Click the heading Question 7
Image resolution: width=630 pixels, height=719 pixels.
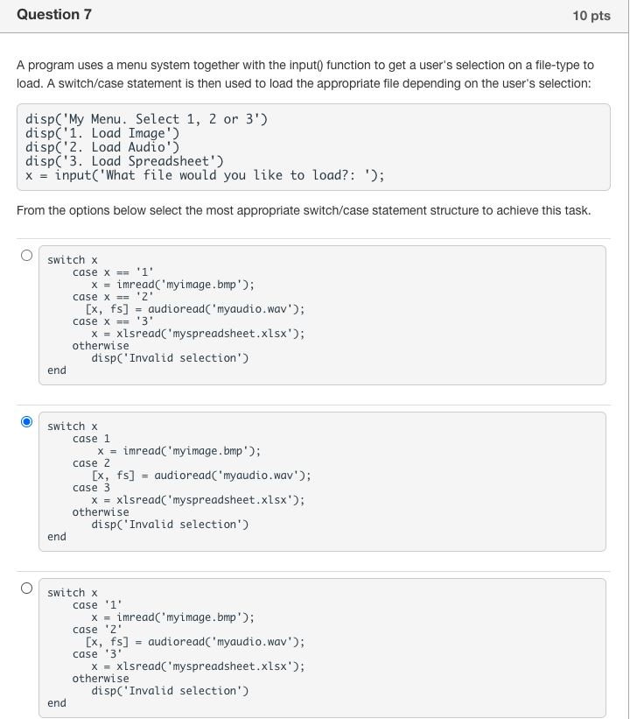[54, 15]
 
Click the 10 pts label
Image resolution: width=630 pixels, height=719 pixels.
[591, 16]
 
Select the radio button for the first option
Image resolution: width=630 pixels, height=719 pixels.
[26, 256]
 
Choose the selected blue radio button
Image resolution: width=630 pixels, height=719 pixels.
[26, 422]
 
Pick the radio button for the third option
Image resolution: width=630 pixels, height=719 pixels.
[26, 589]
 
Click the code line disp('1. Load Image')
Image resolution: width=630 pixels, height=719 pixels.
[102, 133]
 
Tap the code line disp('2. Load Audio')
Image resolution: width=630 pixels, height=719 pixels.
[102, 147]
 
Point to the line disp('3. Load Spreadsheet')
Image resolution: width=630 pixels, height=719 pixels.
[124, 161]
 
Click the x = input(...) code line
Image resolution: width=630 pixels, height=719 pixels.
[205, 175]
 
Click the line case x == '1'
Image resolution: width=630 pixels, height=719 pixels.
[113, 272]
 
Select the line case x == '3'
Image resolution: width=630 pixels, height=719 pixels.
[113, 321]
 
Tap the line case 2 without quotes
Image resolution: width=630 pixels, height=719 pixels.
[91, 463]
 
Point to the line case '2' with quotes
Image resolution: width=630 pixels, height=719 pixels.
[97, 630]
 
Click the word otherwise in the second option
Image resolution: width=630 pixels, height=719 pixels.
[101, 512]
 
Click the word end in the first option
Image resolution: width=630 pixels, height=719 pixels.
[57, 370]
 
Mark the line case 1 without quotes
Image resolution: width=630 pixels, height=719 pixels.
[91, 439]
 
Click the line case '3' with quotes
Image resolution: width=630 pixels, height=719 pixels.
[97, 654]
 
